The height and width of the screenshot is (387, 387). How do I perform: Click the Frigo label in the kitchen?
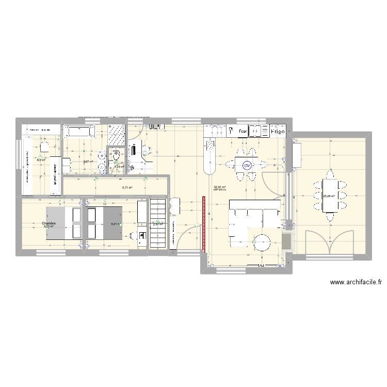279,132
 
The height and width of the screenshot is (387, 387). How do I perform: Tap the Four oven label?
243,132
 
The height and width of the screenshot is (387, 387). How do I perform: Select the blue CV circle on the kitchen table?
247,166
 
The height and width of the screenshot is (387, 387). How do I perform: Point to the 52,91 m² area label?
220,187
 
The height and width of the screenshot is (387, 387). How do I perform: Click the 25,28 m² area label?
329,196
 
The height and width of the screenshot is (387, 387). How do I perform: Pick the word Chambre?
50,222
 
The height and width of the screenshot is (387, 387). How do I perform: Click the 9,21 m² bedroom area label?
115,224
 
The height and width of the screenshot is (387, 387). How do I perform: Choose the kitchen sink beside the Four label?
256,132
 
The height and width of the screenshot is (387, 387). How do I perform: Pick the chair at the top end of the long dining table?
329,174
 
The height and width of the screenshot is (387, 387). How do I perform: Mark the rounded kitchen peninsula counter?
211,157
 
